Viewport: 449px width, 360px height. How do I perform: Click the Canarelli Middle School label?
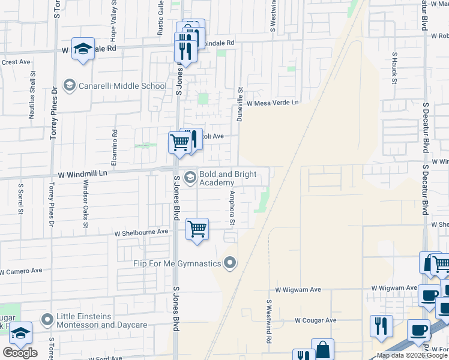pos(122,86)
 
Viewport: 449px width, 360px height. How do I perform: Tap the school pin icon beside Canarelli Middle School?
pos(70,86)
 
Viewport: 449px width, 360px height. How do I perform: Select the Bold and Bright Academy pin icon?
pos(190,176)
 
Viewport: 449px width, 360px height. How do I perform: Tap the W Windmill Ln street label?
pos(82,174)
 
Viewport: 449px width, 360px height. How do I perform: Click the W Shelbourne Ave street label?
pos(142,232)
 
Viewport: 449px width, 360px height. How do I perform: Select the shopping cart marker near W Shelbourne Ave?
pos(197,229)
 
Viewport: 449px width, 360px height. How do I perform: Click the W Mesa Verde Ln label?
pos(272,103)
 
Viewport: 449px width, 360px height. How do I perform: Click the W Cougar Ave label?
pos(315,320)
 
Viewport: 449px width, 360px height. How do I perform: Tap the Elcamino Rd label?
pos(115,140)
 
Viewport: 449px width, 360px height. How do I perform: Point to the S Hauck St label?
pos(395,67)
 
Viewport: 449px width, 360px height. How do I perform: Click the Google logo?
pos(20,352)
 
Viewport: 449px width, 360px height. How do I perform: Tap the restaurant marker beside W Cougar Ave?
pos(381,326)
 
